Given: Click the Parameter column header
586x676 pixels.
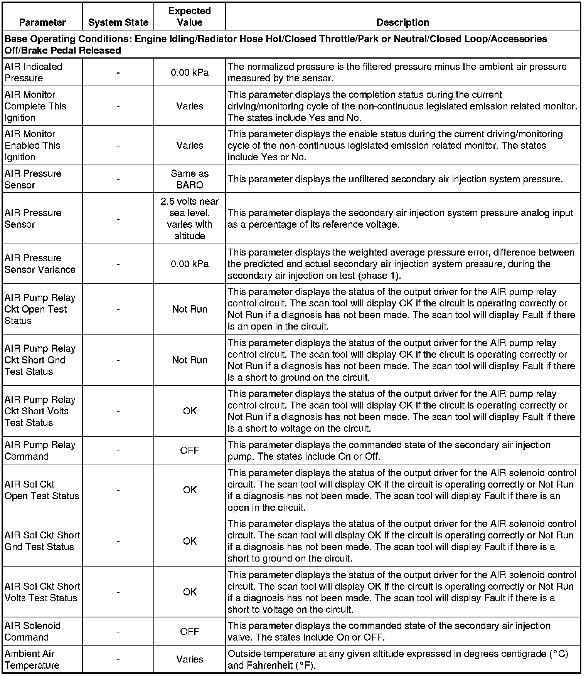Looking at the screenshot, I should [x=42, y=22].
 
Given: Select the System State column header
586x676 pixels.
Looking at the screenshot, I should [x=118, y=22].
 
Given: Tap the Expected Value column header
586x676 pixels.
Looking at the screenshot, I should [x=190, y=17].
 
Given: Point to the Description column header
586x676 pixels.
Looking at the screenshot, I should [x=402, y=22].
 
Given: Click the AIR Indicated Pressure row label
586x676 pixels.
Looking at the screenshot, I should [x=34, y=72].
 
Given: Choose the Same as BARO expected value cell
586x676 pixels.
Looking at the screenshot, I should [x=190, y=179].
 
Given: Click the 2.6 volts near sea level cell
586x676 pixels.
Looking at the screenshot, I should [x=190, y=219].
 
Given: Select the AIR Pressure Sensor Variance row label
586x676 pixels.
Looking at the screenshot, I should [x=40, y=264].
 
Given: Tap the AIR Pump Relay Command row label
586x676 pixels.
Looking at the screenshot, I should [x=40, y=450].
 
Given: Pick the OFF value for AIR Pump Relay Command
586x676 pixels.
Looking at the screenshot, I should [x=190, y=450].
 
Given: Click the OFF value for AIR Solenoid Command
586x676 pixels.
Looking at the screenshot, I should [x=190, y=631].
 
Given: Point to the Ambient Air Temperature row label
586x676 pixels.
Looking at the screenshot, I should [x=32, y=659].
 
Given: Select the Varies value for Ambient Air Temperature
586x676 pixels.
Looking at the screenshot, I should [x=190, y=659].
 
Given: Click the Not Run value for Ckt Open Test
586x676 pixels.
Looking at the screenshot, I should [x=190, y=309].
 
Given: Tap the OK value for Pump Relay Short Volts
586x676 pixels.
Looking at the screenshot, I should [x=190, y=411].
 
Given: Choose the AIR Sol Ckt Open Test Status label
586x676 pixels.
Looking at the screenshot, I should [x=42, y=490].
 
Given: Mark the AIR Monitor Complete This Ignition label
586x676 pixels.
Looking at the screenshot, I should [x=35, y=106].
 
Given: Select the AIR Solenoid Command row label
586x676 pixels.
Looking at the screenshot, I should [x=33, y=631].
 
